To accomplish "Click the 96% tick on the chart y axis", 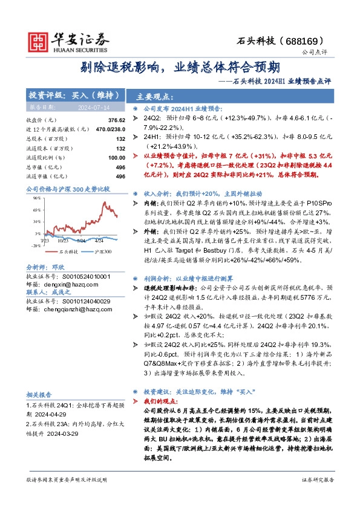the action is click(37, 198).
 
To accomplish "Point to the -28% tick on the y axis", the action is click(36, 245).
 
